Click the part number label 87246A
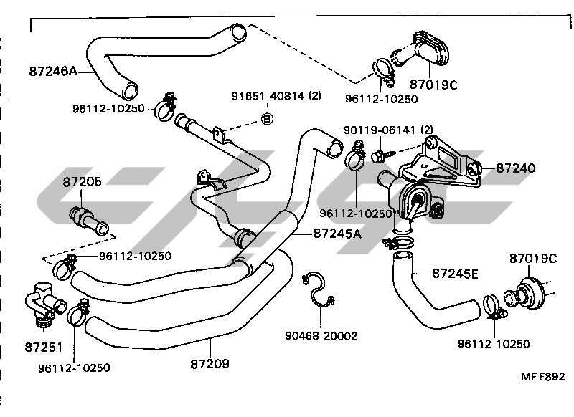point(53,71)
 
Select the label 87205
point(82,182)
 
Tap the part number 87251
point(44,347)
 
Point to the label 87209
point(210,364)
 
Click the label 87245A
point(337,234)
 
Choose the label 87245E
point(455,274)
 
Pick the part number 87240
point(515,168)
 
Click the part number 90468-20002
point(321,336)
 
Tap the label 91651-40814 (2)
point(276,96)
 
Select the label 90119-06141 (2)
point(388,130)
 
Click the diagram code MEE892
point(543,376)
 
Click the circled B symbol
point(267,118)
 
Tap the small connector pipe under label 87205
point(89,221)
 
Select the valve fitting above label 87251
point(44,302)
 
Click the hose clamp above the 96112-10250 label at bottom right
point(494,307)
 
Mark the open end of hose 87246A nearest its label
point(130,91)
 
